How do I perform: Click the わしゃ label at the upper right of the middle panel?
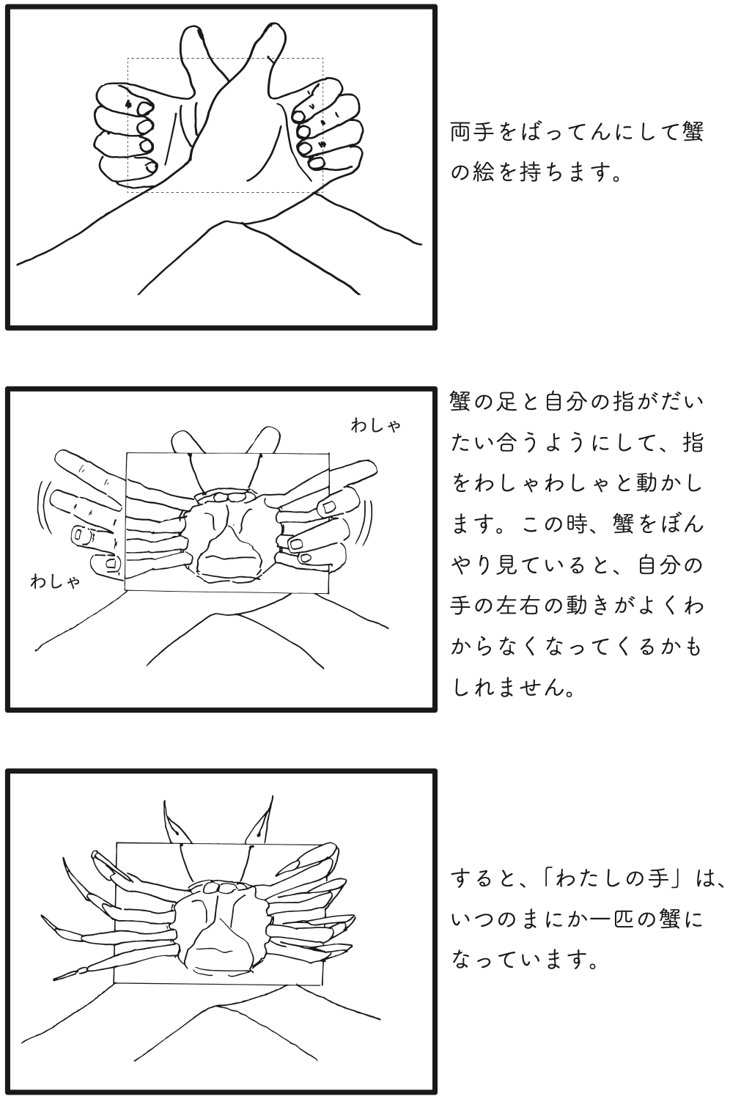point(375,425)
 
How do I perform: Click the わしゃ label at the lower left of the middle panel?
point(55,582)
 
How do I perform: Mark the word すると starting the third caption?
point(483,878)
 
